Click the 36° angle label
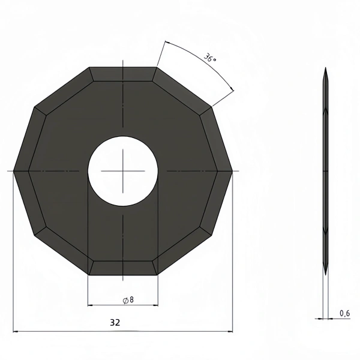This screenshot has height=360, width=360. [210, 58]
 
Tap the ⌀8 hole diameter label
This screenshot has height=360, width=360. [128, 300]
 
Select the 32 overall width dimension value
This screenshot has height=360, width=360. [115, 323]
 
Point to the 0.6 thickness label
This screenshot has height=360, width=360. [344, 313]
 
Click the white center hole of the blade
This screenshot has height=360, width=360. [123, 171]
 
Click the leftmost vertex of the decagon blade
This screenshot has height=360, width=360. [14, 171]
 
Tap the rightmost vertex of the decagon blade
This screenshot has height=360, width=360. [232, 171]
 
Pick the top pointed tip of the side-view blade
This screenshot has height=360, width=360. [326, 67]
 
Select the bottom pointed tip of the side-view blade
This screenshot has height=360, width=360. [326, 275]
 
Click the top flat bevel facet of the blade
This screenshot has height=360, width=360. [123, 74]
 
